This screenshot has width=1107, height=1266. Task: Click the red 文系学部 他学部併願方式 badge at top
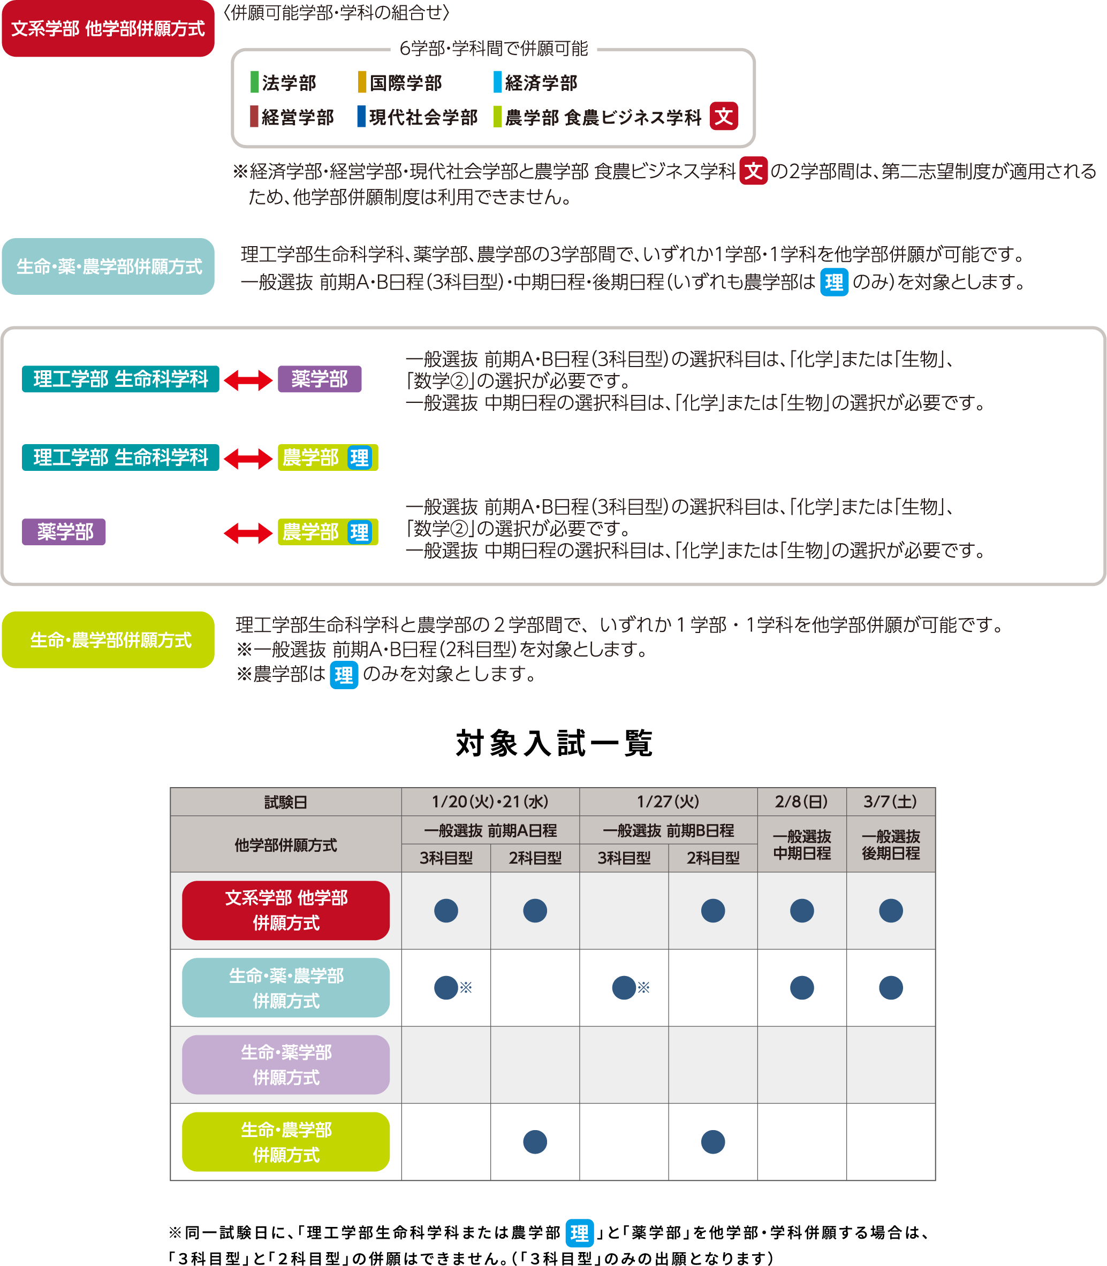(x=108, y=29)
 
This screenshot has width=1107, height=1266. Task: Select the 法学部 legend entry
(x=284, y=83)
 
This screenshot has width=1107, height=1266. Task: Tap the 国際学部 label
(x=400, y=83)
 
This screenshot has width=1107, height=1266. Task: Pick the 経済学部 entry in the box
(x=536, y=83)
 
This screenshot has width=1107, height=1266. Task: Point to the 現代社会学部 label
(x=418, y=117)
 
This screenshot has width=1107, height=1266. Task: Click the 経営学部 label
(x=292, y=117)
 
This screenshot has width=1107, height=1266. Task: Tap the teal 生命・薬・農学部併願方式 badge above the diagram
(x=108, y=266)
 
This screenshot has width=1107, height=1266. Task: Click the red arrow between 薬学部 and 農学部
(x=248, y=532)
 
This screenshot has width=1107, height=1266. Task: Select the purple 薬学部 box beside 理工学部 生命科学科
(x=320, y=378)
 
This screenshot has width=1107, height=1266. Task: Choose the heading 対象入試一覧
(x=553, y=742)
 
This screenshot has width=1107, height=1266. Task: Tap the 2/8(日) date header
(x=801, y=802)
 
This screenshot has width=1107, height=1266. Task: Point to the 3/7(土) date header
(x=890, y=802)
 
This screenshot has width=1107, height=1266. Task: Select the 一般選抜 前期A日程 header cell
(x=490, y=830)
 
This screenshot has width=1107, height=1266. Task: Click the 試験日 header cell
(x=285, y=802)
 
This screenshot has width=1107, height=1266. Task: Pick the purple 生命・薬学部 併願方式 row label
(x=286, y=1065)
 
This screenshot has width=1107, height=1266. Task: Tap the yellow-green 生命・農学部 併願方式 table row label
(x=286, y=1142)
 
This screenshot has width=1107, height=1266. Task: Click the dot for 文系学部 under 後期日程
(x=890, y=910)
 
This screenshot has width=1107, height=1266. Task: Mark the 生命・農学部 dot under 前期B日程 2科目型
(x=712, y=1142)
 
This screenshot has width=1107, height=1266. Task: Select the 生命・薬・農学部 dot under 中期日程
(x=801, y=987)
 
